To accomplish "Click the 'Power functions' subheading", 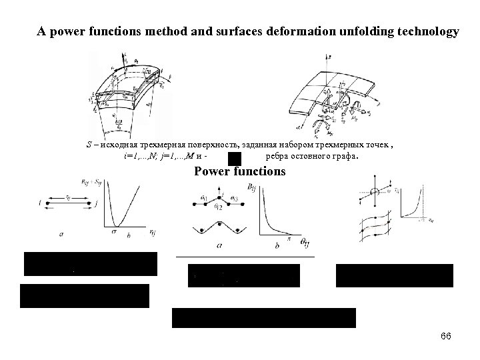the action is pyautogui.click(x=239, y=171).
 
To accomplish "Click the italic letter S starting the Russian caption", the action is pyautogui.click(x=89, y=145).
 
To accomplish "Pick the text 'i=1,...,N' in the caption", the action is pyautogui.click(x=140, y=157).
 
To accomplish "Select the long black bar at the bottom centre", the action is pyautogui.click(x=264, y=318).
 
